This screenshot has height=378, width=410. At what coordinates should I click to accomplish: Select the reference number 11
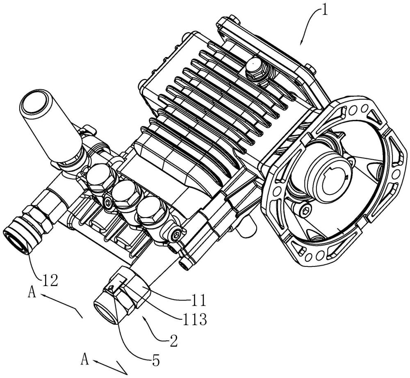click(x=198, y=300)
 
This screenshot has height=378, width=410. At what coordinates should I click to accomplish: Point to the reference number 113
click(x=195, y=319)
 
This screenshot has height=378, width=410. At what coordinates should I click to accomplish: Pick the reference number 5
click(x=155, y=360)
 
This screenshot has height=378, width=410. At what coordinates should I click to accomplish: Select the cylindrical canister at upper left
click(x=49, y=126)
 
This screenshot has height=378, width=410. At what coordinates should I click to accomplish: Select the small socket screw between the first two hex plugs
click(x=108, y=202)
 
